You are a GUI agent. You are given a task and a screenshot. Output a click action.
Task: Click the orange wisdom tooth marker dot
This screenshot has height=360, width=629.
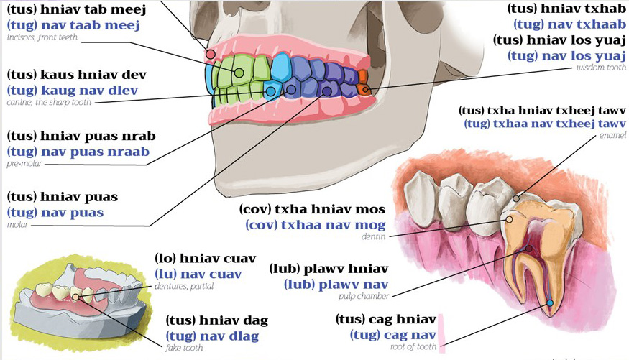point(364,89)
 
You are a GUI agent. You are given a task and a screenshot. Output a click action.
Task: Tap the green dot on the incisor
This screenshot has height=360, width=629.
point(239,73)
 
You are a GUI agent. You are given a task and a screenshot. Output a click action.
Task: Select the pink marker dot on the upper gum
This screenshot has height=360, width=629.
point(211,54)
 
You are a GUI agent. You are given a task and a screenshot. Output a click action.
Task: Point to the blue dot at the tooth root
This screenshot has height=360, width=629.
point(550,303)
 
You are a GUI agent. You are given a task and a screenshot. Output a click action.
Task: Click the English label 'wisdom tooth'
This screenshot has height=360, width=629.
point(601,68)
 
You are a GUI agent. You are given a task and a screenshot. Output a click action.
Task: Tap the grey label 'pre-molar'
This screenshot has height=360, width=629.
point(24,164)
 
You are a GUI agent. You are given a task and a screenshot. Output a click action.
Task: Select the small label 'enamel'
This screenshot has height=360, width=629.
point(612,136)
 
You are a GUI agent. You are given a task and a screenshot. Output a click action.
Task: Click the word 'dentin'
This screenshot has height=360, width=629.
point(374,236)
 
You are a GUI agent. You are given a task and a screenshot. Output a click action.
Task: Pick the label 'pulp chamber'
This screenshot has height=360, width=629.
point(364,296)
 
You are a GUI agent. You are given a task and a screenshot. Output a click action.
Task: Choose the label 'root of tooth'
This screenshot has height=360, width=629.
point(413,347)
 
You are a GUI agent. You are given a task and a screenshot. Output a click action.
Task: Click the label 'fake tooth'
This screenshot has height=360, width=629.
point(184,348)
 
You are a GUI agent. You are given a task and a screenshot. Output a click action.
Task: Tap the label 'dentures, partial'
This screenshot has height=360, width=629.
point(184,286)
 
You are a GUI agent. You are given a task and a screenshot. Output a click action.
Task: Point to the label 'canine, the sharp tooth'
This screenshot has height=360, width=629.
point(49,102)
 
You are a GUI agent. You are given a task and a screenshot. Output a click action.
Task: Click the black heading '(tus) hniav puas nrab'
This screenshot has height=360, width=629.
point(81,137)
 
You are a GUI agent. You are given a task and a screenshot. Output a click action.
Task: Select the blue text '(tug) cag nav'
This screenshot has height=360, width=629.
point(392,335)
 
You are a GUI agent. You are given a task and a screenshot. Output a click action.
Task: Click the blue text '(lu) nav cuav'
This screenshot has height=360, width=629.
point(198,274)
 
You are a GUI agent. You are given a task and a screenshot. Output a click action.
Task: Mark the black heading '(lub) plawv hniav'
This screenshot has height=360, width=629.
point(329,269)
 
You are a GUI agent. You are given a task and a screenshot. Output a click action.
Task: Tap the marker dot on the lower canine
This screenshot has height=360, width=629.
point(271,91)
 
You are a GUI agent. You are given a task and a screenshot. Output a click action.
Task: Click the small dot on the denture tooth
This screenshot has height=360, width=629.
point(75,297)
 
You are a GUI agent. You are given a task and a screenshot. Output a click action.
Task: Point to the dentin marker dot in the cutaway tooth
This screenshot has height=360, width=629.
point(510,220)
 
